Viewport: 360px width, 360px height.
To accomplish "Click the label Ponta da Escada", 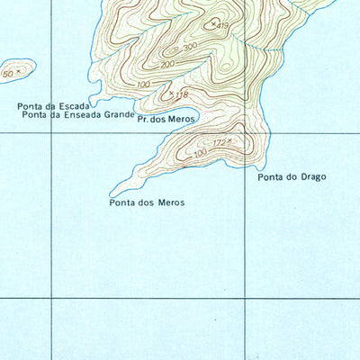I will pos(53,106).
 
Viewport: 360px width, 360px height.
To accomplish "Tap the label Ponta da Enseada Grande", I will pos(77,115).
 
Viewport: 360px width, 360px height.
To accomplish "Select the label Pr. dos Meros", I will pos(166,119).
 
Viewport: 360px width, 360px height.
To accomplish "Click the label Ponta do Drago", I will pos(292,176).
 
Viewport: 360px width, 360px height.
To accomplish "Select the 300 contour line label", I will pos(189,47).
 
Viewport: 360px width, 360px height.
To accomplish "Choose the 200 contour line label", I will pos(167,65).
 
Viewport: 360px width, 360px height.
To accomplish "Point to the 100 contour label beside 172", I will pos(199,153).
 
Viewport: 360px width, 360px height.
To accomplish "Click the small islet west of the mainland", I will pos(17,69).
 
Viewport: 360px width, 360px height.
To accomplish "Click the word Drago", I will pos(310,176).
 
